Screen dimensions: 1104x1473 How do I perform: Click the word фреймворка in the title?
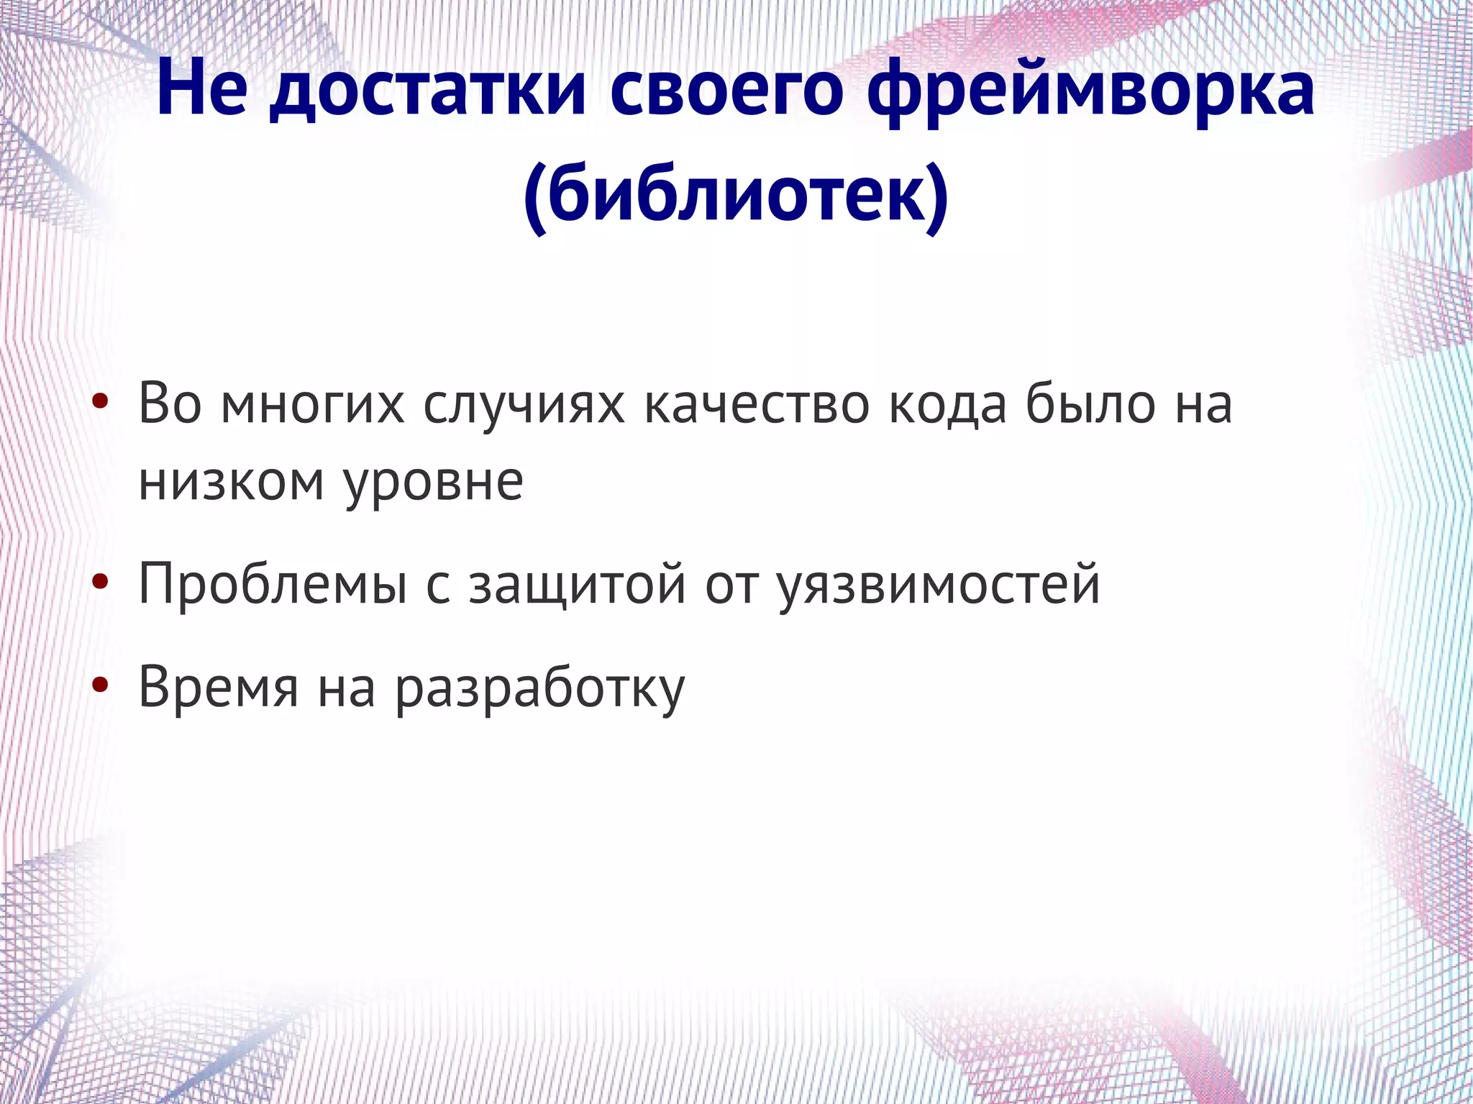[x=1090, y=90]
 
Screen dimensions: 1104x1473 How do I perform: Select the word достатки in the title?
[x=428, y=90]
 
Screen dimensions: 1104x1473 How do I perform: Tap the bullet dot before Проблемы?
[x=101, y=583]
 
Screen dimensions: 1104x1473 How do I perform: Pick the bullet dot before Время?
[x=101, y=686]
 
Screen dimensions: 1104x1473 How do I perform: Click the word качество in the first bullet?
[x=756, y=403]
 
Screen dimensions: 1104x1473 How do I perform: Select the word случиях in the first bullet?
[x=524, y=403]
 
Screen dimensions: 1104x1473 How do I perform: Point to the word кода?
[x=947, y=403]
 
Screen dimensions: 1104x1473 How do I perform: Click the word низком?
[x=231, y=480]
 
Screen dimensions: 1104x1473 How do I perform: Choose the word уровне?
[x=433, y=480]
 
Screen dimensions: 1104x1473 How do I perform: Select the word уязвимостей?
[x=939, y=583]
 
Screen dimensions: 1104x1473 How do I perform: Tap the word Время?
[x=218, y=686]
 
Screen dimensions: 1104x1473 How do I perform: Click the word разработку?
[x=540, y=686]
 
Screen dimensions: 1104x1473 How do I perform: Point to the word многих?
[x=313, y=403]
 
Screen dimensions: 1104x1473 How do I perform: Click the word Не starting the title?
[x=202, y=90]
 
